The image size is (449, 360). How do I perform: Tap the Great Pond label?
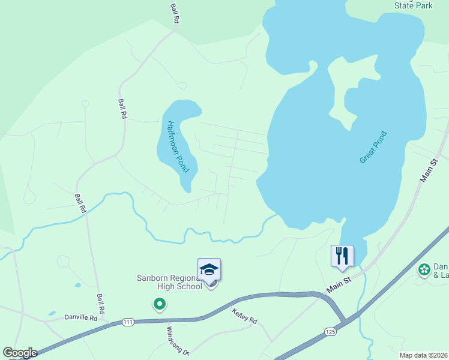[x=373, y=148]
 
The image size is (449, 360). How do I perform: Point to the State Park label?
[x=413, y=5]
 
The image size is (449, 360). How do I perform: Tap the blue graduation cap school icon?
[x=209, y=269]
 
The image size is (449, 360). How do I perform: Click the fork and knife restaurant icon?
[x=342, y=256]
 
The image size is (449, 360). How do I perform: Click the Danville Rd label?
[x=80, y=315]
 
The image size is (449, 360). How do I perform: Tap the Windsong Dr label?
[x=178, y=341]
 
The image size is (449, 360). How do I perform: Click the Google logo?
[x=19, y=353]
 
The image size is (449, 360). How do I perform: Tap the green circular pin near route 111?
[x=159, y=305]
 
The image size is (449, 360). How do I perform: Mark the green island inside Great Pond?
[x=352, y=90]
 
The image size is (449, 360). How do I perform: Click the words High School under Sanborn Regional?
[x=179, y=286]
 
